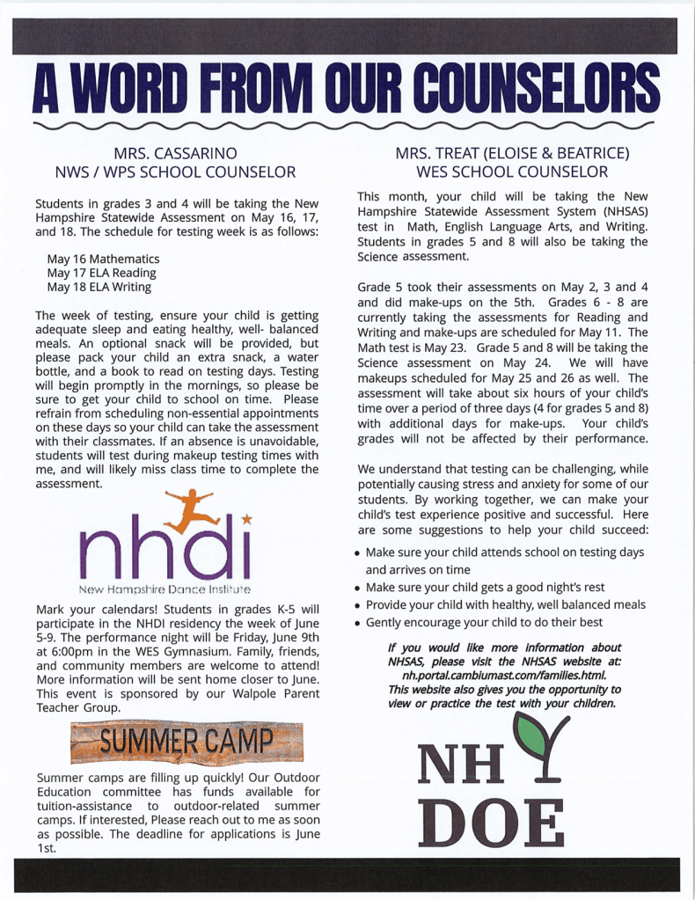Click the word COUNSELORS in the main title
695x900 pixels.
coord(537,89)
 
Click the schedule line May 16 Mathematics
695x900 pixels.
coord(103,260)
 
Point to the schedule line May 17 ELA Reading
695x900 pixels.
coord(101,274)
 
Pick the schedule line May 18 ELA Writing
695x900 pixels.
coord(99,287)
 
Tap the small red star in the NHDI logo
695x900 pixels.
coord(247,521)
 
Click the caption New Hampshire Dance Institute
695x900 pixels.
coord(165,588)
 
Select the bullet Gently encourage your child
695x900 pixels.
coord(484,622)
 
